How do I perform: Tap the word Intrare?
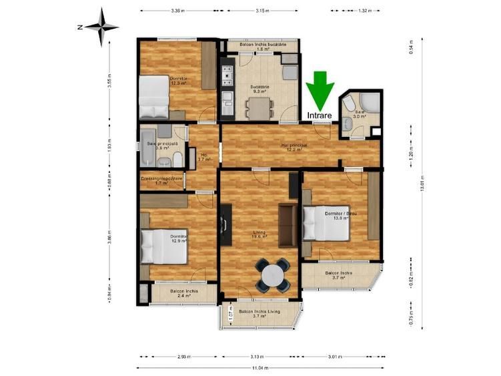(320, 116)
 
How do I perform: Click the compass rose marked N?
(101, 27)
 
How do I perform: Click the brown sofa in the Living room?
(288, 225)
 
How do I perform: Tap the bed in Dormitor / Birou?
(326, 224)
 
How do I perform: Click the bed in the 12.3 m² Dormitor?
(154, 97)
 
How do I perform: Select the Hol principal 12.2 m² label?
(294, 147)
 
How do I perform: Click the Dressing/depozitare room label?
(162, 180)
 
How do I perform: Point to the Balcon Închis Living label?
(260, 313)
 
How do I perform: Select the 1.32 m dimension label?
(364, 11)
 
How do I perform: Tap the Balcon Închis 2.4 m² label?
(183, 294)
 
